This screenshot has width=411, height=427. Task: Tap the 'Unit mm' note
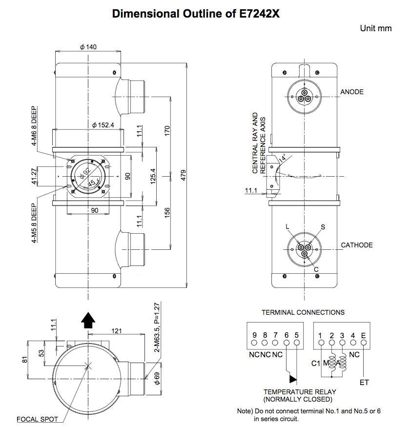pos(375,28)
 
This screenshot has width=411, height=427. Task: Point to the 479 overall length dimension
pos(184,175)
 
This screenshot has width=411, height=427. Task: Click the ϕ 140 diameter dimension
pos(88,47)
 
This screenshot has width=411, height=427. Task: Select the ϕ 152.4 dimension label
pos(103,125)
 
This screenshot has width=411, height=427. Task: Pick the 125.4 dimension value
pos(153,175)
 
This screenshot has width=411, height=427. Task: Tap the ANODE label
pos(352,92)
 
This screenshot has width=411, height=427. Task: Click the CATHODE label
pos(357,245)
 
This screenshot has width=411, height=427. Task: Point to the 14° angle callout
pos(282,159)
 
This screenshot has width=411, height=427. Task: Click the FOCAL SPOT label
pos(37,419)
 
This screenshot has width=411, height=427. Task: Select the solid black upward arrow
pos(88,320)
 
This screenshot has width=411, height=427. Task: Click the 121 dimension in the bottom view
pos(116,331)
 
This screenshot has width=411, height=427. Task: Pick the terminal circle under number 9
pos(255,343)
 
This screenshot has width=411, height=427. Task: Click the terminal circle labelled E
pos(363,343)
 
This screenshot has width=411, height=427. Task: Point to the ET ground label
pos(364,382)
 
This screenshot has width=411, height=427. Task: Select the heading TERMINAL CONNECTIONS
pos(303,312)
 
